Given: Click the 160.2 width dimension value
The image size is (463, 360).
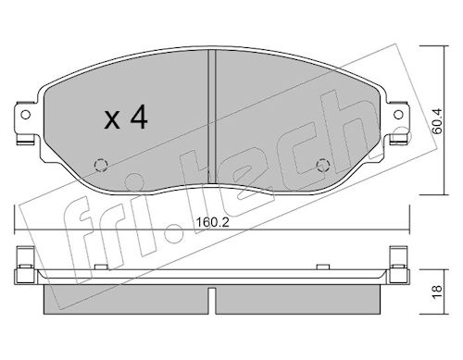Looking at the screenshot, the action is point(213,222).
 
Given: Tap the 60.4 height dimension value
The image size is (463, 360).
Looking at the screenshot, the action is point(437,121).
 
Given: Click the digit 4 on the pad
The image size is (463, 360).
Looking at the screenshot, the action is point(139,117).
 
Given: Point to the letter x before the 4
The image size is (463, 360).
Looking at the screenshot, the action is point(112,120).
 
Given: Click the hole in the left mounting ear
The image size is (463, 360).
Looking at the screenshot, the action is point(25,115).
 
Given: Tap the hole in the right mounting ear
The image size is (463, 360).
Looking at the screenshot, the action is point(398,115).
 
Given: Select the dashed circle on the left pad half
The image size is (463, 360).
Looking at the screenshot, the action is point(101,165).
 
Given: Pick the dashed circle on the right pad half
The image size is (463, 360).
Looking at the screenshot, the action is point(323,165).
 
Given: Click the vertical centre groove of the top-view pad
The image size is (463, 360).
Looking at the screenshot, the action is point(212,119).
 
